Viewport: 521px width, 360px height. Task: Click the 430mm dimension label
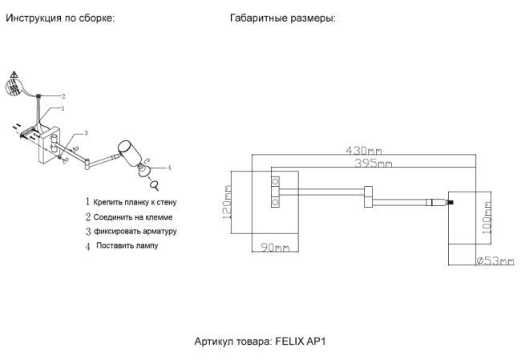(x=363, y=150)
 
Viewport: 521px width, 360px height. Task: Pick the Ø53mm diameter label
(x=495, y=261)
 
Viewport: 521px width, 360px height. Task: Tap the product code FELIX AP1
(x=261, y=340)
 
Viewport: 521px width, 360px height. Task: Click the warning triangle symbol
(x=14, y=75)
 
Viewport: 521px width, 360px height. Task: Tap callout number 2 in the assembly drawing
(x=63, y=95)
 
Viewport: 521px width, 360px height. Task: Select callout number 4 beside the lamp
(x=170, y=167)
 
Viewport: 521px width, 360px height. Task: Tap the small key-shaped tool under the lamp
(x=152, y=183)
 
